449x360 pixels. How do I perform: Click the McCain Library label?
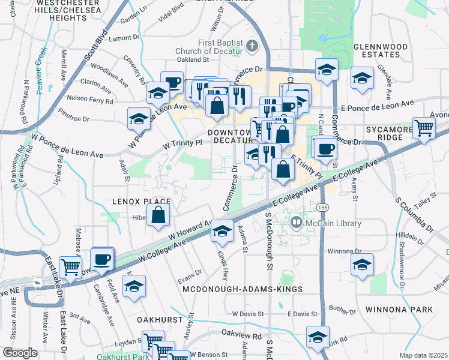click(x=334, y=224)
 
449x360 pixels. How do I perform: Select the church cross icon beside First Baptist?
click(x=252, y=46)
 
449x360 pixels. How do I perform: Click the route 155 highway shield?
click(x=324, y=207)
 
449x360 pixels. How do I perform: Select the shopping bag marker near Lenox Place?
click(x=158, y=215)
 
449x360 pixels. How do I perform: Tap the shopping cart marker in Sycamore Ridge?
click(x=424, y=128)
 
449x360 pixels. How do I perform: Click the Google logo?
click(x=20, y=353)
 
